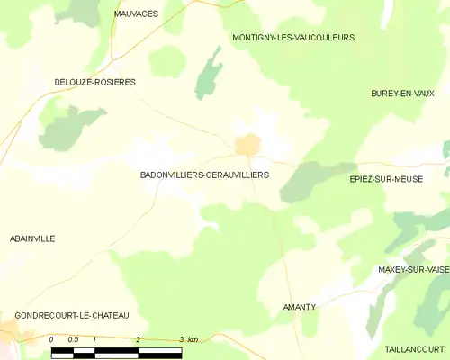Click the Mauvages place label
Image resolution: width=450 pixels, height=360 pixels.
[x=136, y=14]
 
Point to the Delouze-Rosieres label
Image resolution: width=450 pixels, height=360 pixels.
[x=94, y=82]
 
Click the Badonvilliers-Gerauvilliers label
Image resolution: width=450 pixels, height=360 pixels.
[x=204, y=175]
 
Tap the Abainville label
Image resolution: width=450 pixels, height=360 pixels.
[x=32, y=238]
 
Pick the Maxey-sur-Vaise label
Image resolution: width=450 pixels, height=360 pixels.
[x=413, y=269]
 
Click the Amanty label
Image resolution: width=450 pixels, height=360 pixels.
[x=300, y=307]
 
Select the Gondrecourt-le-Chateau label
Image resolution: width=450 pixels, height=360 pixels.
[x=72, y=315]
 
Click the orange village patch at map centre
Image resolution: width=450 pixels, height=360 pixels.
[x=247, y=144]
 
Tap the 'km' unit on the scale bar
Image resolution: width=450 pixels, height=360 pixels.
[x=193, y=339]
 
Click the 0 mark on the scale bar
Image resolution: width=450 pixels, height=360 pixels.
[x=52, y=339]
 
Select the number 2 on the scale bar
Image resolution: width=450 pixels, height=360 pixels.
[x=139, y=339]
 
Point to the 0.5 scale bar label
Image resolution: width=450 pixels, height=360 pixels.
[x=73, y=339]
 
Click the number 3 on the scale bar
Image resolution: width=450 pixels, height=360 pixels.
[x=181, y=339]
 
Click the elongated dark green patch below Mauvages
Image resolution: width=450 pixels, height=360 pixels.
[x=209, y=70]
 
